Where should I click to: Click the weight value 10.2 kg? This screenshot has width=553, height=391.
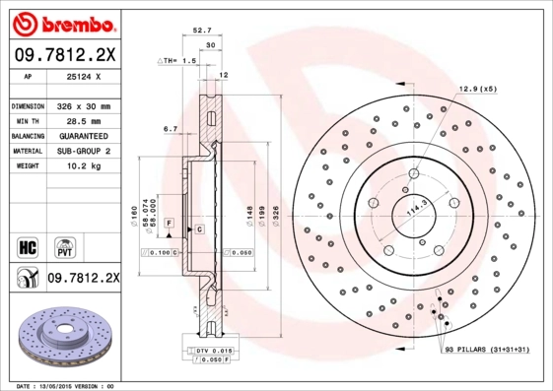tap(78, 166)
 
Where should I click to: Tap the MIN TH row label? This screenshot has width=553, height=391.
tap(26, 120)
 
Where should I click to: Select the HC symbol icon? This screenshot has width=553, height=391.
tap(27, 245)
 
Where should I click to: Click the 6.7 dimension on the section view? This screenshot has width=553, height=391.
tap(170, 128)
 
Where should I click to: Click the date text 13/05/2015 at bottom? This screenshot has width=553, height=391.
tap(67, 385)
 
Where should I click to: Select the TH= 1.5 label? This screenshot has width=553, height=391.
tap(179, 60)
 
